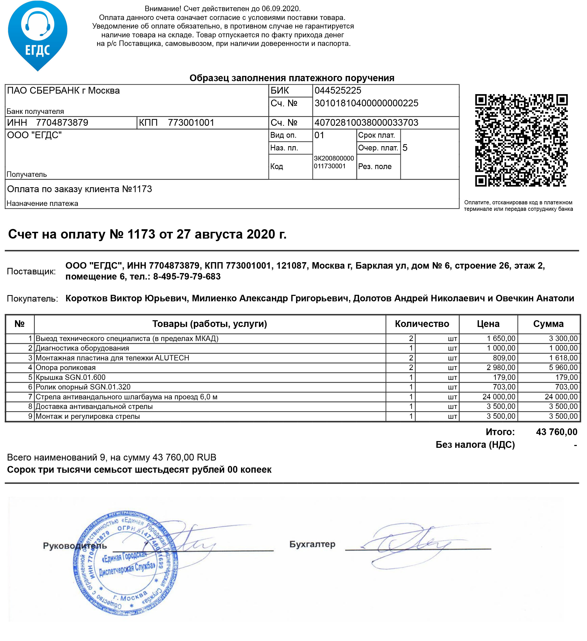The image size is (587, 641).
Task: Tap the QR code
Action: [x=521, y=140]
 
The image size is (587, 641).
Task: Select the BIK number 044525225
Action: [x=338, y=90]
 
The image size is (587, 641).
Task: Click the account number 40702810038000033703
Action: [x=366, y=123]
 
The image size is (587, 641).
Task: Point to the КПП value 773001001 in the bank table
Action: [x=191, y=123]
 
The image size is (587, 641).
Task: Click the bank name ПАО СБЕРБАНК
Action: [x=63, y=90]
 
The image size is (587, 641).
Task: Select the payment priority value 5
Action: [x=405, y=148]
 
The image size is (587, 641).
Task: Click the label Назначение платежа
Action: [x=42, y=204]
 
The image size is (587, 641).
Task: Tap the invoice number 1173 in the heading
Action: [x=141, y=234]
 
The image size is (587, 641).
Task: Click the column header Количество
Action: [x=422, y=324]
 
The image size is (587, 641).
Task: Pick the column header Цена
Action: [x=488, y=324]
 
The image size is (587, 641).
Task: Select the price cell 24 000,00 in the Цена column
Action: [x=498, y=397]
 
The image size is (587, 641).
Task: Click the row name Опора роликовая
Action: [x=66, y=368]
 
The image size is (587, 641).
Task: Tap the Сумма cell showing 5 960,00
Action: [x=563, y=368]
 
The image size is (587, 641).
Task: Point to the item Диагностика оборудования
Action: [x=82, y=349]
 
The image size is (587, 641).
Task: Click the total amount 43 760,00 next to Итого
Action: [x=556, y=432]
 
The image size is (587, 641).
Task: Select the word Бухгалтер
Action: [x=312, y=544]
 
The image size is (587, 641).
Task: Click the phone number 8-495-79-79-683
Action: [x=187, y=277]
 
